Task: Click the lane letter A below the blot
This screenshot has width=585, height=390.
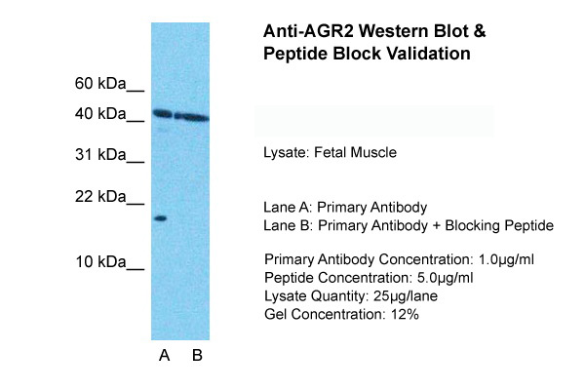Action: (164, 356)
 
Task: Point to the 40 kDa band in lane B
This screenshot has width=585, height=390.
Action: (192, 118)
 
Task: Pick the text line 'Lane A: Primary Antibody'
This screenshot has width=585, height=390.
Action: (344, 208)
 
